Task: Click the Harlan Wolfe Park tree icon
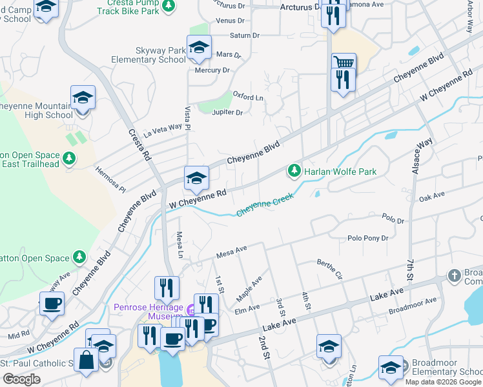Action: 294,171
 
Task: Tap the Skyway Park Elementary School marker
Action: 199,48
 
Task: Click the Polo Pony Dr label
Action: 368,238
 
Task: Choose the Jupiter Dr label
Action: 227,112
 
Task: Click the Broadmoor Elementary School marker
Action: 391,368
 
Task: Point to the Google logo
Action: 21,379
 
